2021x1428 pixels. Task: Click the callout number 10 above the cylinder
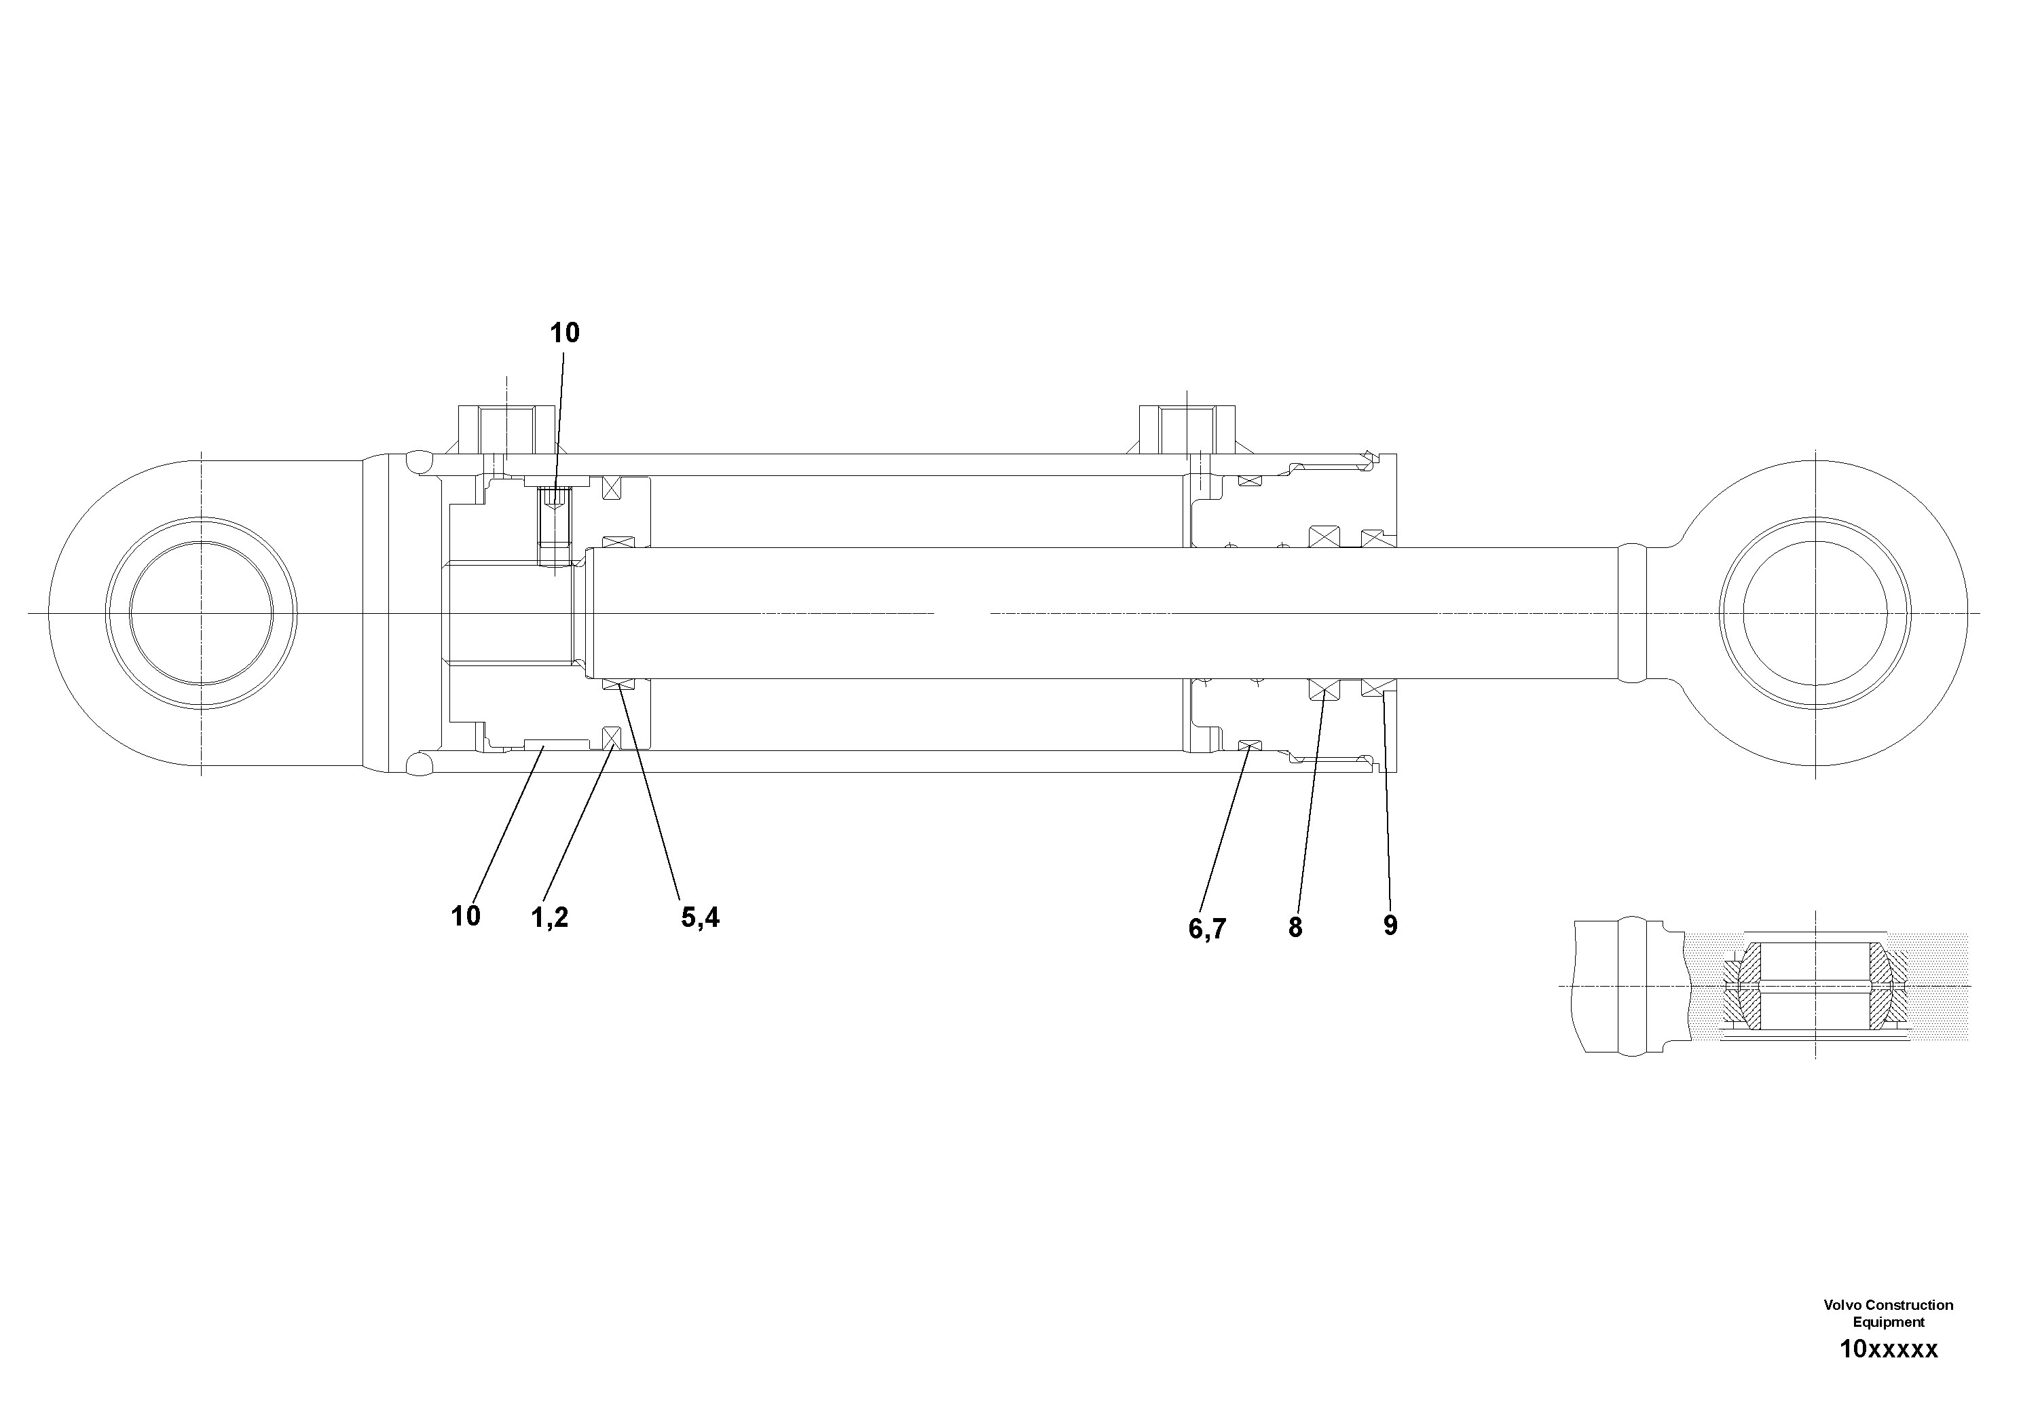pyautogui.click(x=565, y=333)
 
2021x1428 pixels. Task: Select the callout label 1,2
pyautogui.click(x=549, y=917)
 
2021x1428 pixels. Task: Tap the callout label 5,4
pyautogui.click(x=700, y=917)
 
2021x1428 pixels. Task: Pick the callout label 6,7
pyautogui.click(x=1207, y=928)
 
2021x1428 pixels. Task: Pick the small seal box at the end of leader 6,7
pyautogui.click(x=1250, y=746)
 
